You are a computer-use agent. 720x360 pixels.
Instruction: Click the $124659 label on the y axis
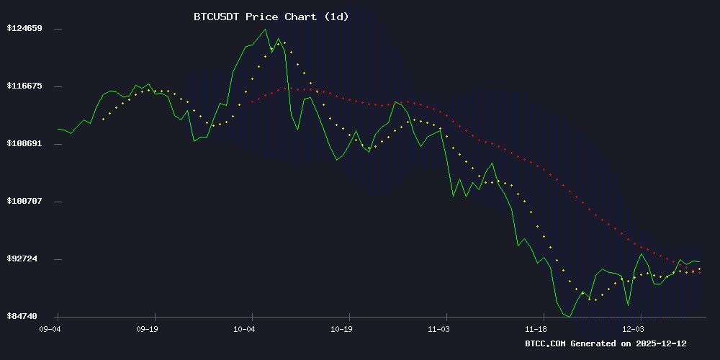click(x=24, y=29)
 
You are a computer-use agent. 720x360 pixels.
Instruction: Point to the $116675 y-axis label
click(x=24, y=86)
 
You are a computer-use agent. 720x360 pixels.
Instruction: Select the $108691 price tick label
click(x=24, y=144)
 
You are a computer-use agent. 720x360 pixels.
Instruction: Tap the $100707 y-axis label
click(x=24, y=201)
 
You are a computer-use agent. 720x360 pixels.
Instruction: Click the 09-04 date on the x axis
click(x=50, y=328)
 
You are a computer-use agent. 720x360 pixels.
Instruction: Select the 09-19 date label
click(x=147, y=328)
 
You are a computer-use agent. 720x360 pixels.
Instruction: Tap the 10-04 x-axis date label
click(x=244, y=328)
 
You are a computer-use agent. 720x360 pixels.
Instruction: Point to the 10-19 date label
click(x=341, y=328)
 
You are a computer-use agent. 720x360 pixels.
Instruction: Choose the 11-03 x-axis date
click(x=438, y=328)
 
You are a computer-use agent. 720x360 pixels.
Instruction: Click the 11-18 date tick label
click(x=536, y=328)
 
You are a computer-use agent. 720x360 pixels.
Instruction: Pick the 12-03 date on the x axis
click(x=633, y=328)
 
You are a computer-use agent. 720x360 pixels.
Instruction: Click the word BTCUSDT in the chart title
click(x=217, y=17)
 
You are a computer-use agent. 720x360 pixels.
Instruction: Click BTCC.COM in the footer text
click(x=546, y=344)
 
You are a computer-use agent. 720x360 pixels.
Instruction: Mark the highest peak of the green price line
click(x=265, y=30)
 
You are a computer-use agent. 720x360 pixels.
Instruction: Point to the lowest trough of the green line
click(x=570, y=317)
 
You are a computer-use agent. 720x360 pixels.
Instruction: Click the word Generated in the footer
click(x=595, y=344)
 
